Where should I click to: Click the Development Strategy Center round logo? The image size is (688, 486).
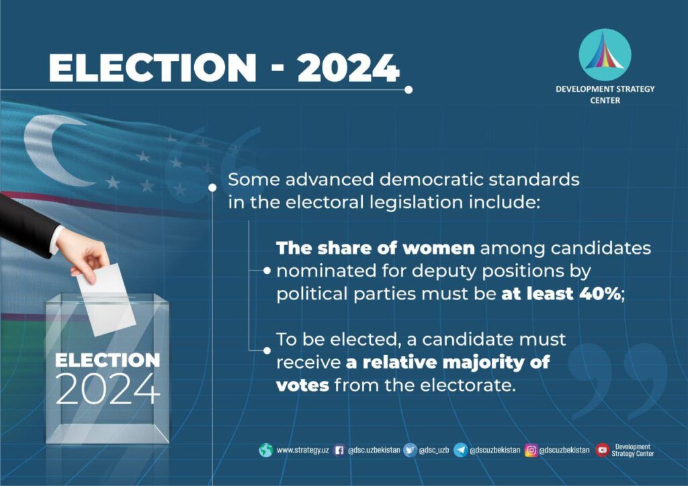pos(605,55)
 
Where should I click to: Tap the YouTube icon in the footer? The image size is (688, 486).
pos(602,450)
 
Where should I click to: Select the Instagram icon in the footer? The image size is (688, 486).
pos(531,450)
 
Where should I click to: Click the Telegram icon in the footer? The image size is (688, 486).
pos(460,450)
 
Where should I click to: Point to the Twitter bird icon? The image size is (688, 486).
pos(410,450)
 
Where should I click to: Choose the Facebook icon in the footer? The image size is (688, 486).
pos(339,450)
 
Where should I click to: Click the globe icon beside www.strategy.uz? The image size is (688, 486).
pos(266,450)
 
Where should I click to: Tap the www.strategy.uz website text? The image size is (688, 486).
pos(303,450)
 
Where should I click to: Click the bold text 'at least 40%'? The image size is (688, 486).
pos(561,293)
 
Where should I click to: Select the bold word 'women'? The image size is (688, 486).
pos(438,248)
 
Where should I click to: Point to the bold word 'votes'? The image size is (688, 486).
pos(302,385)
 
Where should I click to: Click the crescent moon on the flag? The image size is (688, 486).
pos(52,149)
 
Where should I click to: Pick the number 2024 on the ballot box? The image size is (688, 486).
pos(107,389)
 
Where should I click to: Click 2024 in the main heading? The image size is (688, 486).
pos(349,68)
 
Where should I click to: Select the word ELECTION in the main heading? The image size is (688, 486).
pos(153,68)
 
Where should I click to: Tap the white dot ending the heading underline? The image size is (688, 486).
pos(408,90)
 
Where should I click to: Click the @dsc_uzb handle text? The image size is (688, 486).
pos(434,450)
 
